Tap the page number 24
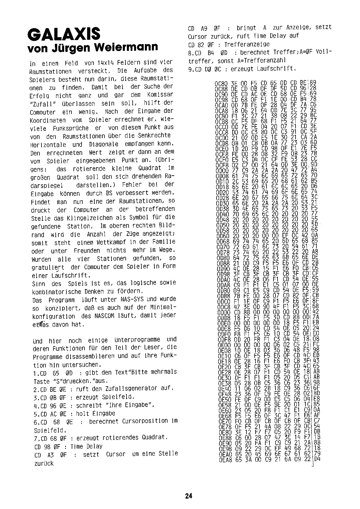[x=188, y=496]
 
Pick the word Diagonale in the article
[x=103, y=144]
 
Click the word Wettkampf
[x=107, y=242]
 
